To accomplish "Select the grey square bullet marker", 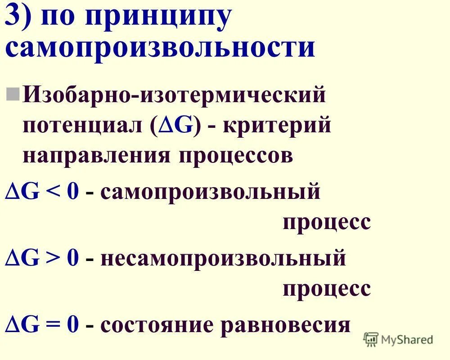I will pos(13,94).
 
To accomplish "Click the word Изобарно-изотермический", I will pos(174,95).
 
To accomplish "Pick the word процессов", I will pos(235,156).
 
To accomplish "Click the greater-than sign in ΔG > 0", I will pos(54,259).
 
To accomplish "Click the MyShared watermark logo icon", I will pos(370,338).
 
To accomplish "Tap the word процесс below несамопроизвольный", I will pos(327,288).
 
